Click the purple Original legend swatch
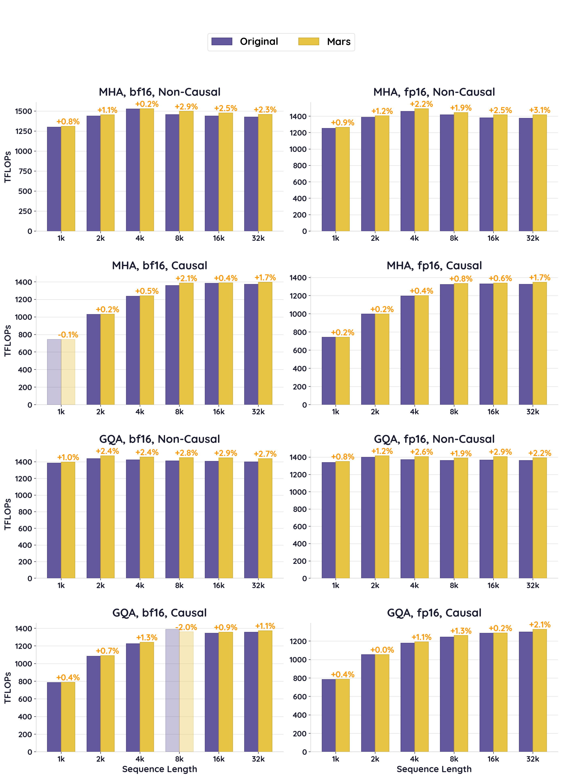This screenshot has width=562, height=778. click(222, 41)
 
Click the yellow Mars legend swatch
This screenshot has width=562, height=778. click(308, 41)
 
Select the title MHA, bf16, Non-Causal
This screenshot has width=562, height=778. click(160, 92)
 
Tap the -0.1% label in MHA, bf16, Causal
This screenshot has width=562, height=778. click(68, 335)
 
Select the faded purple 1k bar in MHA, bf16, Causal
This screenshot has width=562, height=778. click(54, 372)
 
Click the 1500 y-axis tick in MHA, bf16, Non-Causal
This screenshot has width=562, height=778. click(23, 111)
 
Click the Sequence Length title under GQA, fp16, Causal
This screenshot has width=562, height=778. click(434, 769)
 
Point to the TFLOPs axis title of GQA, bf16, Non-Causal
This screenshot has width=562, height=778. click(7, 514)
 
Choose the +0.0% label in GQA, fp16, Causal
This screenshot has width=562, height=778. click(382, 650)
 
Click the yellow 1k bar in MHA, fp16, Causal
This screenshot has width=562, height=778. click(342, 371)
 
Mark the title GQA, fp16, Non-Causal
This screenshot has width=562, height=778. click(434, 439)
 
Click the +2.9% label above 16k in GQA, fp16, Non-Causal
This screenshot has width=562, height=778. click(500, 452)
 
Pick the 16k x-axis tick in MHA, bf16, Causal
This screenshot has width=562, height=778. click(219, 412)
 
